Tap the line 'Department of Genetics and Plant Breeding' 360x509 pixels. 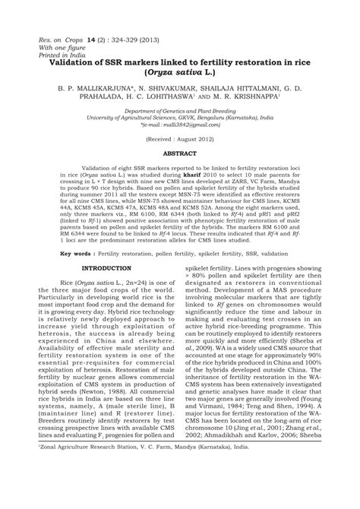(180, 111)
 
